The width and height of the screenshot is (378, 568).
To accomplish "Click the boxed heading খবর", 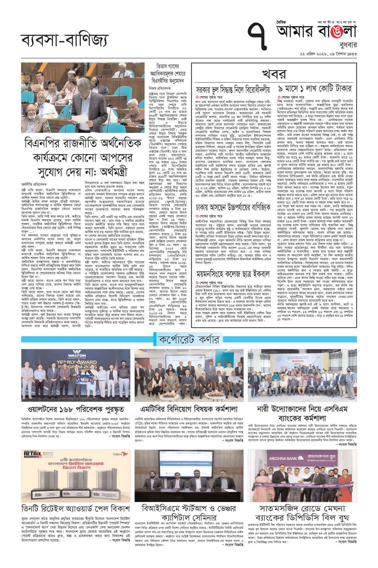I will tap(274, 74).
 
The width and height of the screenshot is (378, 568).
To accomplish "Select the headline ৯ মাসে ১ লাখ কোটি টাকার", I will tap(315, 89).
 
